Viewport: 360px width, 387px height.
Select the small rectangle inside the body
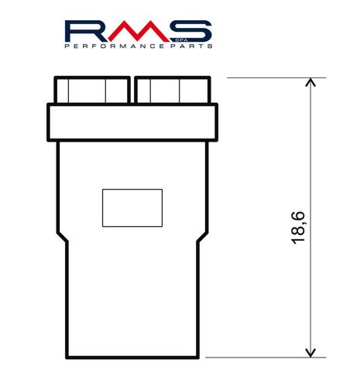click(132, 207)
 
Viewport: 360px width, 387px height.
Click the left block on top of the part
click(91, 91)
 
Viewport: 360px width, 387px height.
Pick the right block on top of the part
click(171, 91)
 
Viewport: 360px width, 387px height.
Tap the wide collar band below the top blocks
click(132, 122)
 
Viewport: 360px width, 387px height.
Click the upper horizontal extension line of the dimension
click(263, 76)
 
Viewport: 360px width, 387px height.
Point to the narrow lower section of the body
click(132, 310)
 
